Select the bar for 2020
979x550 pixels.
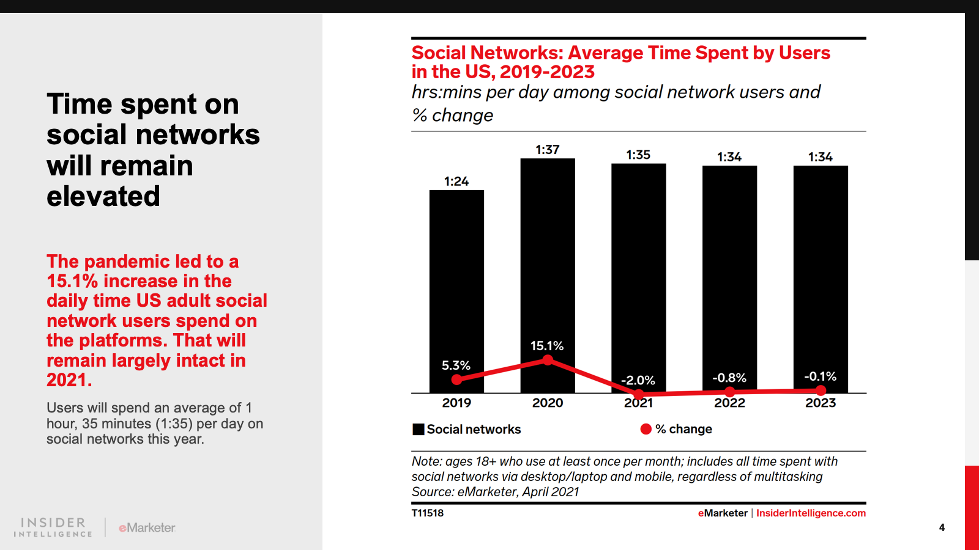point(548,257)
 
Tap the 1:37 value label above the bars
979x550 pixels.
point(548,150)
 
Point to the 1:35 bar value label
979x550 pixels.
point(638,155)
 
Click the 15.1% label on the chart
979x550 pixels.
point(547,346)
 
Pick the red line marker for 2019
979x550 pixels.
point(456,380)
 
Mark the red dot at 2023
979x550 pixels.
point(821,390)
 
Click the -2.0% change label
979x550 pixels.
point(638,380)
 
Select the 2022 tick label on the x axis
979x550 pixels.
point(729,403)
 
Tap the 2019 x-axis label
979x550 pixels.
point(456,403)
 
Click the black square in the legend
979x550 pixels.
point(419,429)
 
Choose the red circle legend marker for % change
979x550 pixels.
point(646,429)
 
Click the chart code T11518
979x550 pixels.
point(428,513)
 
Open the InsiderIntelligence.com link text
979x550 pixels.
point(811,513)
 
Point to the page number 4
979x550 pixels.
point(942,527)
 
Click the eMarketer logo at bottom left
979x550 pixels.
point(147,527)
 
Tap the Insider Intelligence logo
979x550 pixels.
point(53,527)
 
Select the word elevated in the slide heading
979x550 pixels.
point(103,196)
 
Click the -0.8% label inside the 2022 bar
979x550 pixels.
point(729,378)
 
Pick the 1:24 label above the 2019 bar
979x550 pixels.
point(456,182)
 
